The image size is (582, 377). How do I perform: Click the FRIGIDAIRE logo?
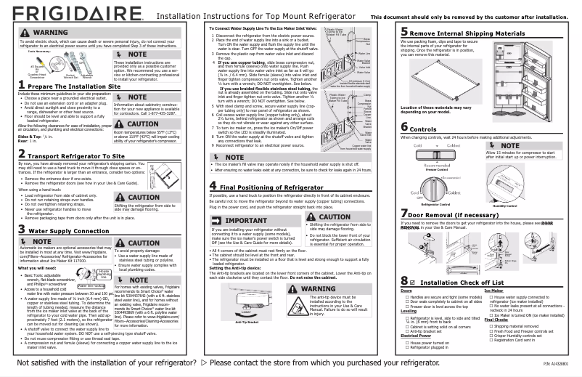tap(63, 15)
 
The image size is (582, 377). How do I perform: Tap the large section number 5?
tap(405, 33)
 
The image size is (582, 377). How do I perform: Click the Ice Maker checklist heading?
tap(493, 290)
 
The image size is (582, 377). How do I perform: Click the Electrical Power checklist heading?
tap(419, 336)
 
